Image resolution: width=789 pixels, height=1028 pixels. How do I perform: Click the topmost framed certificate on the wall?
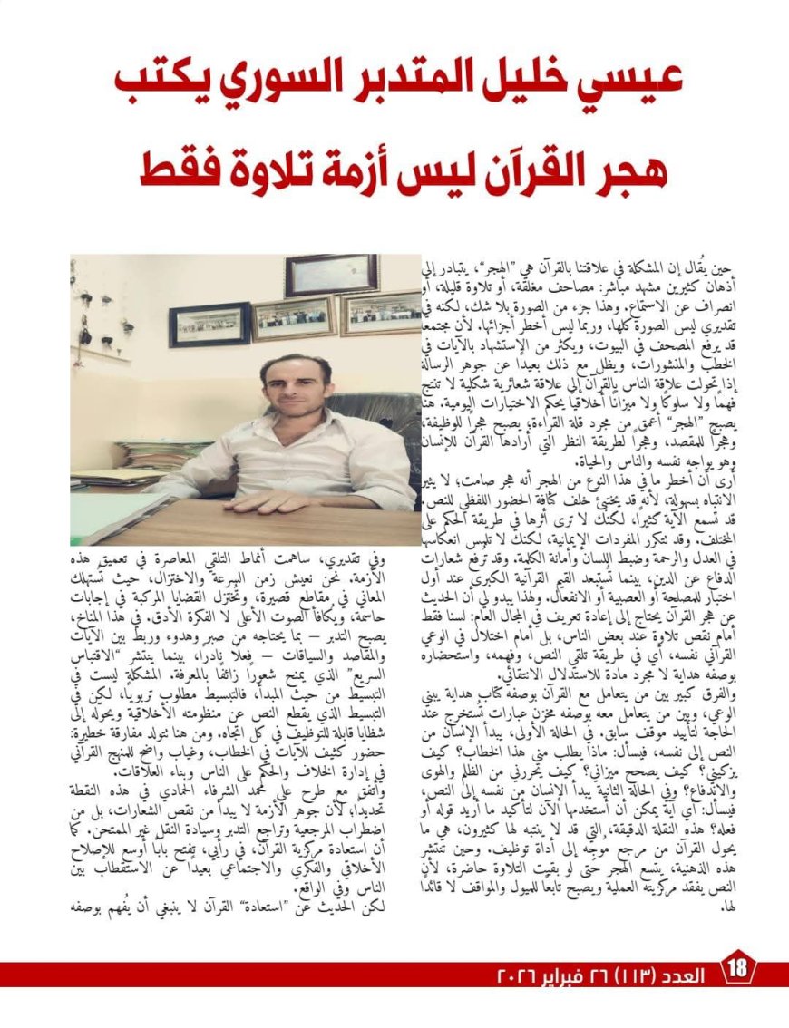pyautogui.click(x=331, y=275)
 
